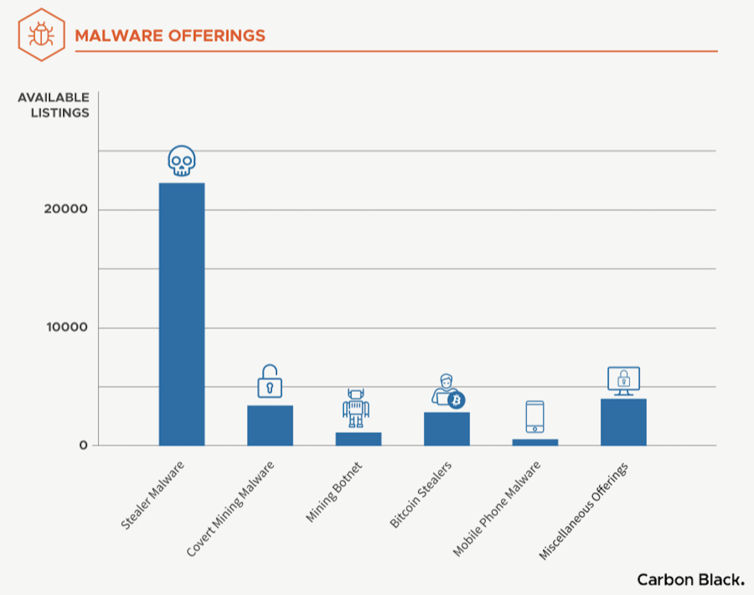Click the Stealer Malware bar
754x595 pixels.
click(182, 314)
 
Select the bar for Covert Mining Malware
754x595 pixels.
click(270, 425)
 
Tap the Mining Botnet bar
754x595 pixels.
click(359, 439)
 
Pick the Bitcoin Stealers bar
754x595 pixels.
click(447, 429)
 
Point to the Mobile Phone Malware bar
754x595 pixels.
click(535, 442)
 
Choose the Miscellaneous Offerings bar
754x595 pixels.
click(623, 422)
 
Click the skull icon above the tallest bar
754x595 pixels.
click(182, 162)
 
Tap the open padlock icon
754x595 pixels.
click(270, 382)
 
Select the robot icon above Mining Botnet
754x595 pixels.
click(356, 408)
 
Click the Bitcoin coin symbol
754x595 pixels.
click(456, 400)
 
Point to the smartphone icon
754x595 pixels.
click(535, 417)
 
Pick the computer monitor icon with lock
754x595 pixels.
click(623, 381)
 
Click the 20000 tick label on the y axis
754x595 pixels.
click(63, 210)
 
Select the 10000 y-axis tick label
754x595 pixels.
click(63, 328)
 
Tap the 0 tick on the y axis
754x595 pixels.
click(83, 446)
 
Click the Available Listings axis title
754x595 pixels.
click(54, 105)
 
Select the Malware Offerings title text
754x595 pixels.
click(170, 36)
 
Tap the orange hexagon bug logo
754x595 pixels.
click(42, 35)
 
